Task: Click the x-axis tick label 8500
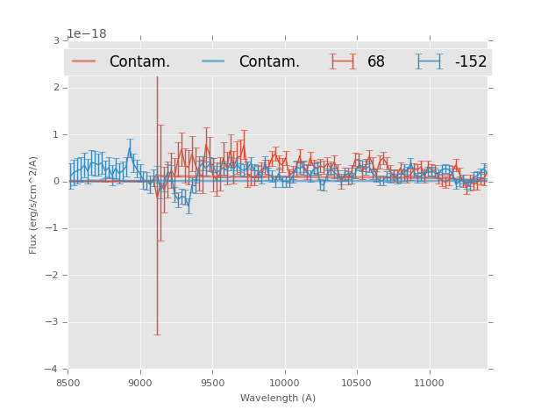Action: [68, 383]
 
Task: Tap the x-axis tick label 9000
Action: [140, 383]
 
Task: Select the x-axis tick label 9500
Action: [212, 383]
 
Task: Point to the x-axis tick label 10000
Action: [284, 383]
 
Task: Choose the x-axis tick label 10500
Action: [356, 383]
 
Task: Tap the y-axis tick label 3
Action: [56, 41]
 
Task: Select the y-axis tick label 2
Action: [56, 88]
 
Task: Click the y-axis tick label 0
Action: [56, 182]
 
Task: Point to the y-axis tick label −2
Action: [53, 276]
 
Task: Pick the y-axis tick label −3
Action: [53, 322]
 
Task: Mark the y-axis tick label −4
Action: [53, 369]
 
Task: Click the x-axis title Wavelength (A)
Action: [278, 398]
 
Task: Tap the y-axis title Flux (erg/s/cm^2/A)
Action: [33, 205]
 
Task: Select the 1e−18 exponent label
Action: [87, 34]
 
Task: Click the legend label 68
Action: [376, 62]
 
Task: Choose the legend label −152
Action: [470, 62]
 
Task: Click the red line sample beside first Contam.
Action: [84, 61]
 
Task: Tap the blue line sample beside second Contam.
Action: [214, 61]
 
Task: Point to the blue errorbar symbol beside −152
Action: [429, 61]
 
